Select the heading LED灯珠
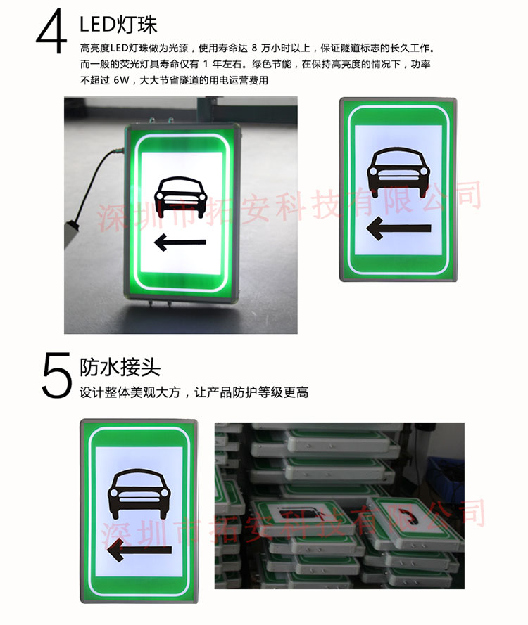[x=118, y=25]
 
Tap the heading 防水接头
[x=120, y=367]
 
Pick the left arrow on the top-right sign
[x=398, y=228]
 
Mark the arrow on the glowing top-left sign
[x=180, y=243]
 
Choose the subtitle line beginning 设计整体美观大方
[x=194, y=392]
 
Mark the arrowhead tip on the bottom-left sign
[x=107, y=554]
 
